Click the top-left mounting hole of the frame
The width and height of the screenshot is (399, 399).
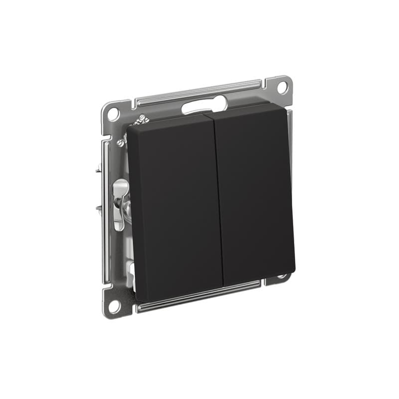pyautogui.click(x=113, y=113)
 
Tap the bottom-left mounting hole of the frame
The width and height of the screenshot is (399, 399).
pyautogui.click(x=113, y=305)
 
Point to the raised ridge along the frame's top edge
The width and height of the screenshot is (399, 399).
pyautogui.click(x=199, y=93)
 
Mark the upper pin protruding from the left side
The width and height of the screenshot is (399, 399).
pyautogui.click(x=98, y=171)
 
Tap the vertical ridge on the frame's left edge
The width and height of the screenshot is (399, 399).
pyautogui.click(x=106, y=209)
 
